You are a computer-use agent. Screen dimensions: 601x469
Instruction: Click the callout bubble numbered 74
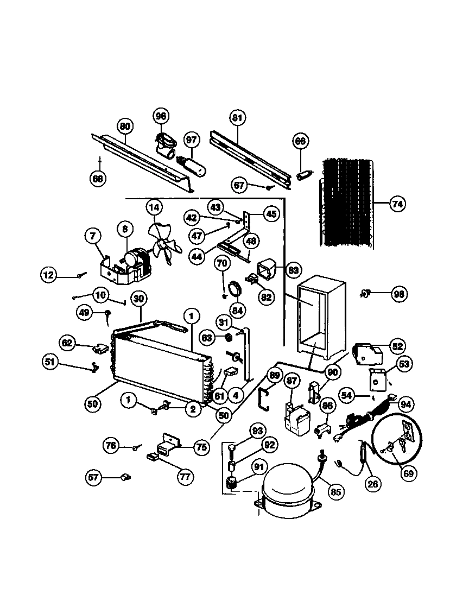(x=397, y=205)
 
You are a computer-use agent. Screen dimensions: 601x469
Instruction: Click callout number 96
(x=161, y=116)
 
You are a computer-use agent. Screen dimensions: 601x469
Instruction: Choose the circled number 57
(x=94, y=477)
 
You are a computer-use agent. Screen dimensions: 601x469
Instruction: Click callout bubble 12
(x=49, y=275)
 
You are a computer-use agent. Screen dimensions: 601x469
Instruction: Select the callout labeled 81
(x=237, y=117)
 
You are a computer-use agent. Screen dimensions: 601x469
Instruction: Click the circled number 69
(x=408, y=473)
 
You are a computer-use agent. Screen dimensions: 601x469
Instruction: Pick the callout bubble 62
(x=67, y=343)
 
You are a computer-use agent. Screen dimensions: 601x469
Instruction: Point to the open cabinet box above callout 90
(x=321, y=320)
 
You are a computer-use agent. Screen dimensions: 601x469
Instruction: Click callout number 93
(x=257, y=432)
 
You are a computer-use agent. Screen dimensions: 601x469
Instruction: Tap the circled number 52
(x=397, y=346)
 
